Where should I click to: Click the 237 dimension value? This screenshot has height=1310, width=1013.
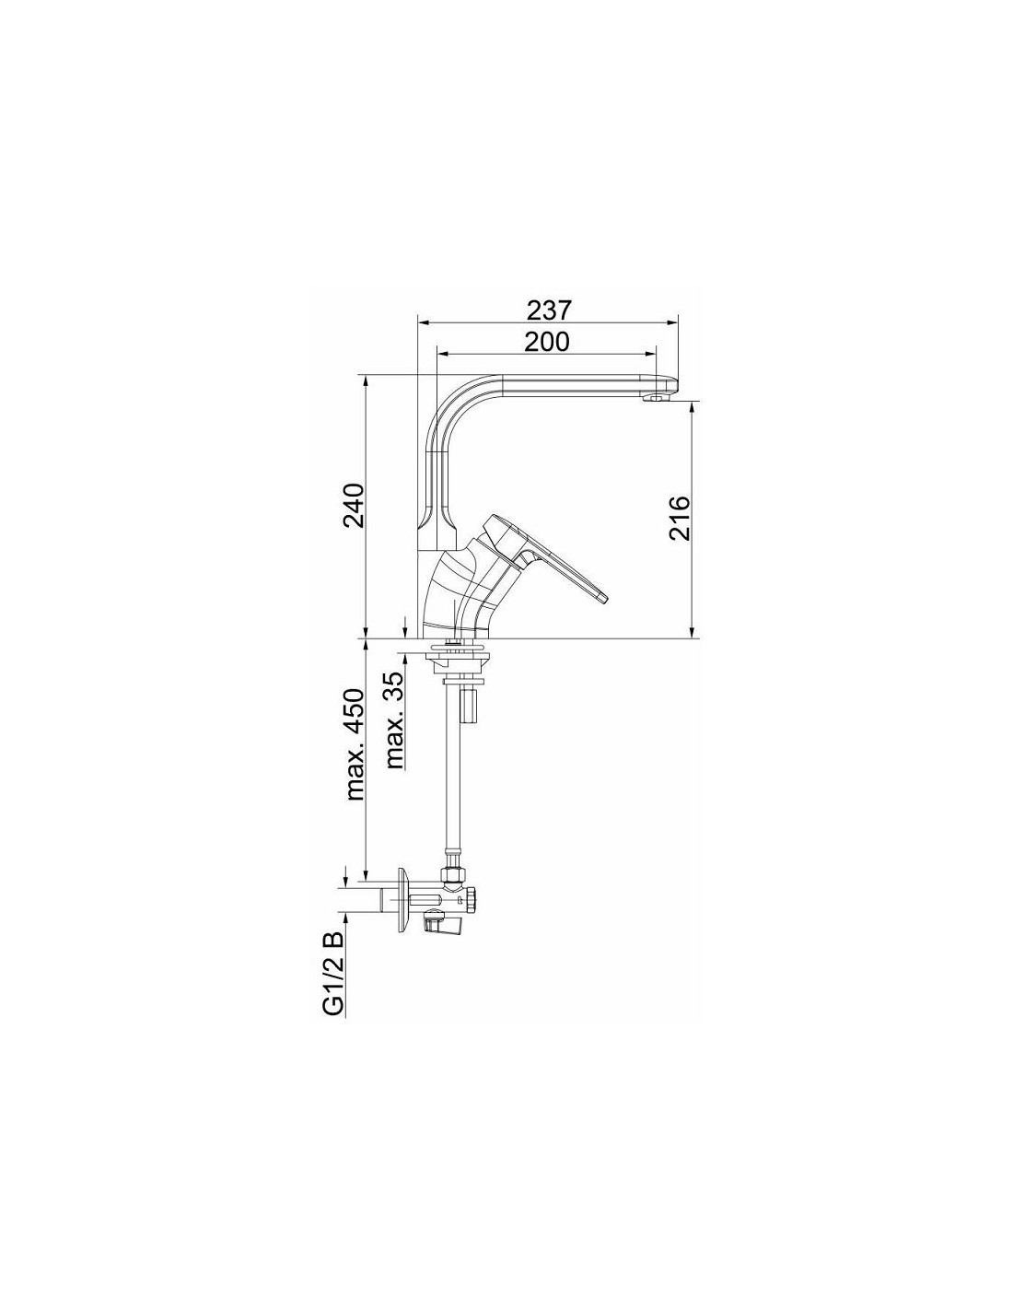547,311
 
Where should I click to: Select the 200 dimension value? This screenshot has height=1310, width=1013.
546,342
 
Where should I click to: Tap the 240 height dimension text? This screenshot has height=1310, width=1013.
355,505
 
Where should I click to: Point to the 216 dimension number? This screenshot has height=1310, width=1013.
679,519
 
